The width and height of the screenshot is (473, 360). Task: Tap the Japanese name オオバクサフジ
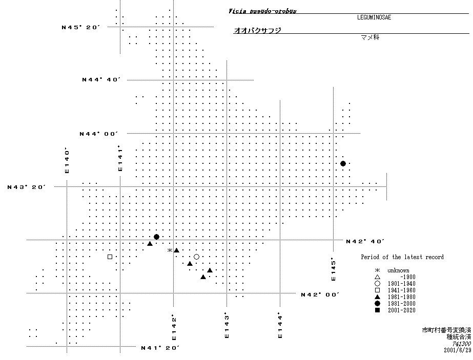[257, 31]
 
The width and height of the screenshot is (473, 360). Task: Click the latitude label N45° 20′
[79, 27]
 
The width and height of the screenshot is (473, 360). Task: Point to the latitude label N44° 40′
[101, 79]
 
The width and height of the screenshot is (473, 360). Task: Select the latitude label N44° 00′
[98, 134]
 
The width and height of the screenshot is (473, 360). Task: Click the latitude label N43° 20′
[27, 187]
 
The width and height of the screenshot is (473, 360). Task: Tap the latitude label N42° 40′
[365, 241]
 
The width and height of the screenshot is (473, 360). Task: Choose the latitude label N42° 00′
[320, 294]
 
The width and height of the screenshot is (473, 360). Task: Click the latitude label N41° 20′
[160, 348]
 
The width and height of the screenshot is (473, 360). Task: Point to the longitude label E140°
[67, 161]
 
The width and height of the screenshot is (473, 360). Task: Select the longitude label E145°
[333, 269]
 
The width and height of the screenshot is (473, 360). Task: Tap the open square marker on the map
[110, 257]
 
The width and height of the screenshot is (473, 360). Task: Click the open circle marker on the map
[196, 257]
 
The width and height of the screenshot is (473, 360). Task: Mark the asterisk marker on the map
[170, 250]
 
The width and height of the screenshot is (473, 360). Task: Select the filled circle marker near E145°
[343, 163]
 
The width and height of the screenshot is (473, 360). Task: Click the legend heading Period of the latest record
[402, 257]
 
